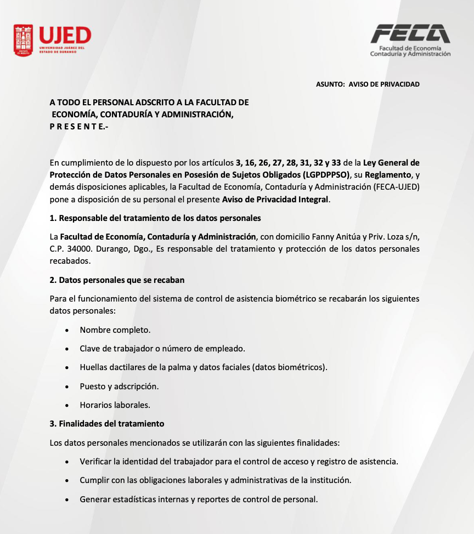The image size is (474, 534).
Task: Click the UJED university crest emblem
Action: (24, 39)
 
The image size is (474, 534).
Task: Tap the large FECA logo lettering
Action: (410, 35)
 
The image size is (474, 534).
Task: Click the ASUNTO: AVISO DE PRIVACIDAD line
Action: (368, 84)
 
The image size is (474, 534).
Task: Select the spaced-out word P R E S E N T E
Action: (78, 127)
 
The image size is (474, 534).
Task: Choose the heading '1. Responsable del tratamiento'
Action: (155, 218)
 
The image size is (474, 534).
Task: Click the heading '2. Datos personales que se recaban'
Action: (117, 280)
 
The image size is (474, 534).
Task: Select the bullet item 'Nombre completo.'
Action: (115, 330)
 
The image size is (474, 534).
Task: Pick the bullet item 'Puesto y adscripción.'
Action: (119, 387)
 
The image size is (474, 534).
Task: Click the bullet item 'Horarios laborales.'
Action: (115, 406)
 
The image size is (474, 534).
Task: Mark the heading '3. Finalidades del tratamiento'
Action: (106, 424)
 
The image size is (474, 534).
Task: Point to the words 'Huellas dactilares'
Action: (112, 367)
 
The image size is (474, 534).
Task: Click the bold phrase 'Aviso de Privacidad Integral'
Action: (275, 200)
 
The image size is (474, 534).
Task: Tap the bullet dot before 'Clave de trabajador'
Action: (67, 349)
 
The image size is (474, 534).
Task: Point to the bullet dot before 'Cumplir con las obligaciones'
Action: (67, 481)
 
